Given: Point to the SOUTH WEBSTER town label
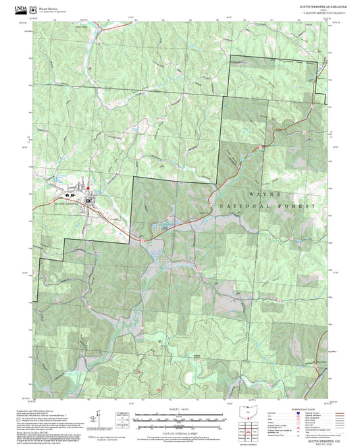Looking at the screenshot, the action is (x=68, y=201).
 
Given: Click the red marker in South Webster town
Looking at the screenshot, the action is (x=87, y=187).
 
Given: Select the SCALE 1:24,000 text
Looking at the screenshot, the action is (x=179, y=408).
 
